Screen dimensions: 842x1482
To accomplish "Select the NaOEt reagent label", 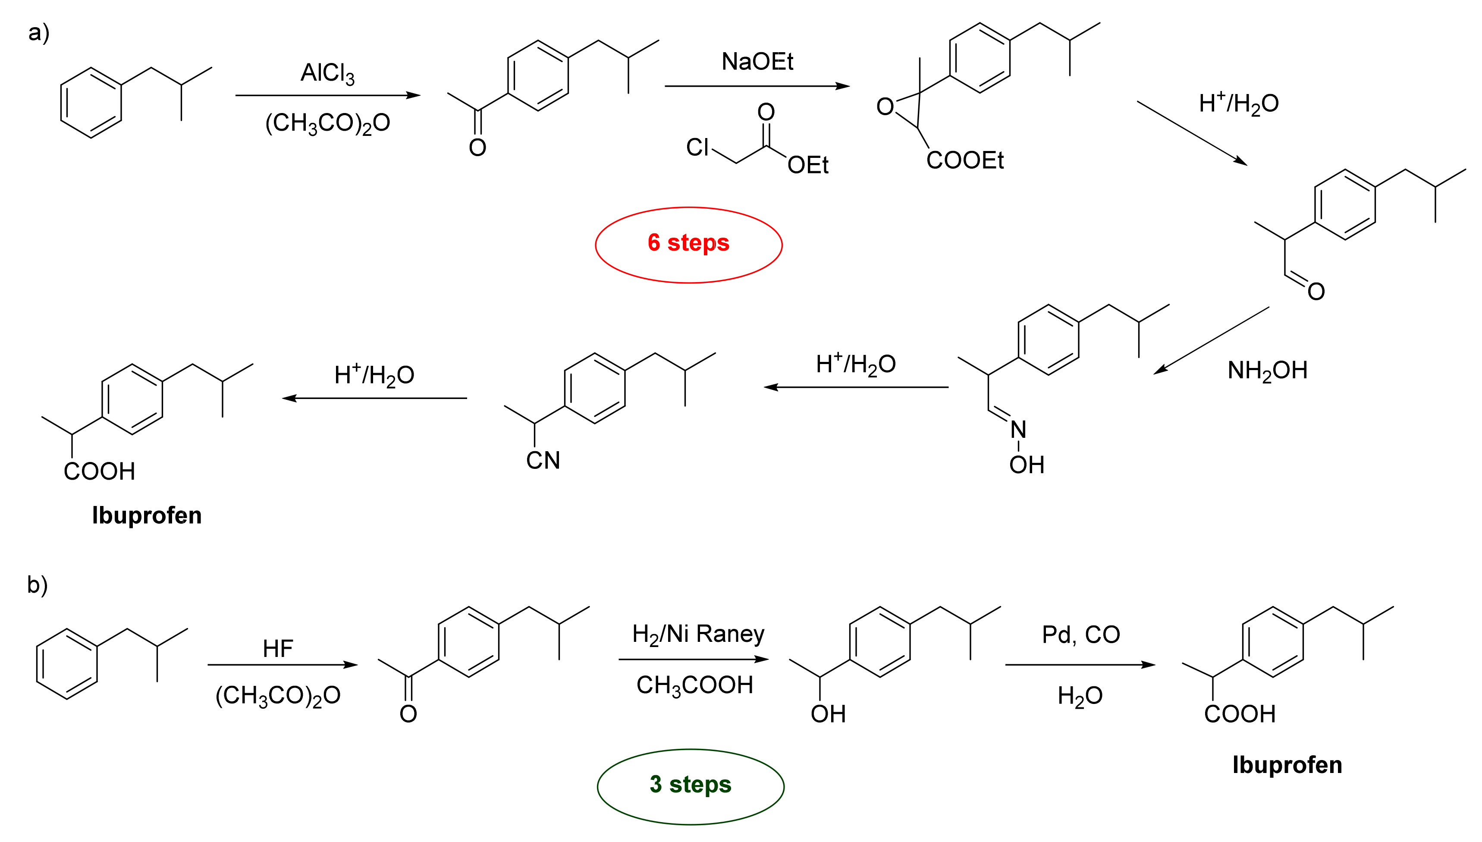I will tap(757, 62).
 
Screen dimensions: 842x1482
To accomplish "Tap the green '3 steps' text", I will tap(691, 785).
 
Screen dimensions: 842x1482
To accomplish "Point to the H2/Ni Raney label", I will tap(698, 635).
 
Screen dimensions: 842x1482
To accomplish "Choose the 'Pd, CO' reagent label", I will tap(1081, 635).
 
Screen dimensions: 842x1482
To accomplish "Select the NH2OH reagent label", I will tap(1267, 371).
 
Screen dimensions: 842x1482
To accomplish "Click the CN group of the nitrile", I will tap(543, 460).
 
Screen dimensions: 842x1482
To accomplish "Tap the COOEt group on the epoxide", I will tap(964, 160).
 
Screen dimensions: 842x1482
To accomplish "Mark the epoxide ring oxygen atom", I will tap(885, 107).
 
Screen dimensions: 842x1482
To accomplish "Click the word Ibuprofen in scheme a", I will tap(147, 515).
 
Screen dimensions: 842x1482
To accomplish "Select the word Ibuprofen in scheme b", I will tap(1287, 764).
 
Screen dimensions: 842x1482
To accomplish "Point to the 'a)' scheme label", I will tap(39, 32).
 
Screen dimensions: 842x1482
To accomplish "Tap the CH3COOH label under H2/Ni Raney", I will tap(694, 685).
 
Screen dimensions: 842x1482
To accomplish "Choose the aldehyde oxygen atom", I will tap(1316, 292).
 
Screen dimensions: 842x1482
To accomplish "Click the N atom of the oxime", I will tap(1018, 430).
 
